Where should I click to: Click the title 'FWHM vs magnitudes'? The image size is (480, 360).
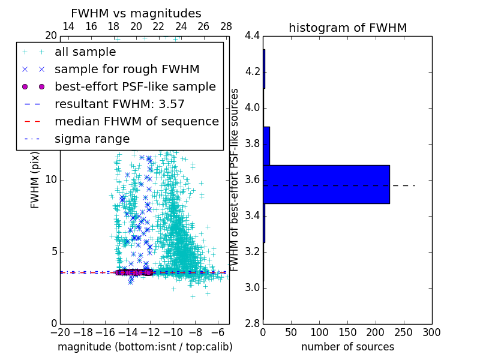pyautogui.click(x=136, y=13)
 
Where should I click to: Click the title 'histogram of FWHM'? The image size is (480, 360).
pyautogui.click(x=347, y=28)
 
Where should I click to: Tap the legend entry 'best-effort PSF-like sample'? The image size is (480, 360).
pyautogui.click(x=135, y=86)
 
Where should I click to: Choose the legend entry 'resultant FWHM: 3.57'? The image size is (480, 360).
pyautogui.click(x=119, y=104)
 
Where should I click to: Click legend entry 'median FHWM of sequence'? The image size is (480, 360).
pyautogui.click(x=137, y=121)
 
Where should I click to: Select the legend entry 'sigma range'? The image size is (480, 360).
pyautogui.click(x=92, y=139)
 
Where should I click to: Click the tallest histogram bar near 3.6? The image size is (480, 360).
pyautogui.click(x=326, y=184)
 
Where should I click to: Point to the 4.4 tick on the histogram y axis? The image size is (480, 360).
pyautogui.click(x=252, y=36)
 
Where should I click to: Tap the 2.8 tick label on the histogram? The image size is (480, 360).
pyautogui.click(x=252, y=324)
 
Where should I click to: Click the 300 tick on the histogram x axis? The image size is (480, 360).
pyautogui.click(x=431, y=332)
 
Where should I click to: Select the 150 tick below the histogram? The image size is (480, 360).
pyautogui.click(x=347, y=332)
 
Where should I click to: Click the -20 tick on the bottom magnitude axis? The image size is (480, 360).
pyautogui.click(x=60, y=332)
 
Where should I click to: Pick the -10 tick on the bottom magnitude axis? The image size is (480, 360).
pyautogui.click(x=173, y=332)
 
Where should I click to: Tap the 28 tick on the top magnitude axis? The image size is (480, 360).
pyautogui.click(x=226, y=26)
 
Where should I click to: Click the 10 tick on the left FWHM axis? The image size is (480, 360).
pyautogui.click(x=51, y=180)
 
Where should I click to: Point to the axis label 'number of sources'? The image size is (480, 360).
pyautogui.click(x=347, y=347)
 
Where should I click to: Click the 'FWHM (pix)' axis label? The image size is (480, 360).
pyautogui.click(x=35, y=180)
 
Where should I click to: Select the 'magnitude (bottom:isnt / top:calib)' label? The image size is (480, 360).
pyautogui.click(x=145, y=347)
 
